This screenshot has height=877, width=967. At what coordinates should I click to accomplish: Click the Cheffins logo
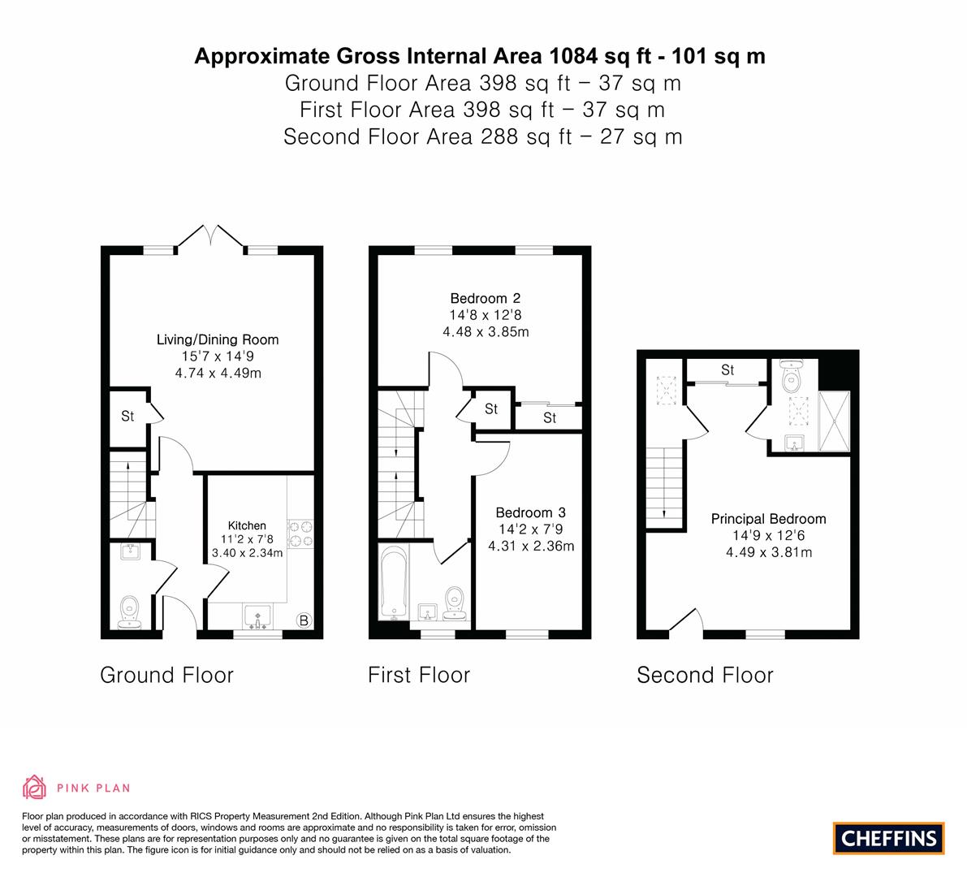click(x=888, y=838)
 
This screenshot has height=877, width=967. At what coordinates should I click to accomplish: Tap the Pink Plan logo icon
click(x=35, y=787)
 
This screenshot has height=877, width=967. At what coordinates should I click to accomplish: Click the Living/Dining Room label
click(x=218, y=339)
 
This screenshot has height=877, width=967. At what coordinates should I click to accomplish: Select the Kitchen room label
click(x=247, y=525)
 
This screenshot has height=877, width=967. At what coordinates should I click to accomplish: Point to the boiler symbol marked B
click(x=304, y=621)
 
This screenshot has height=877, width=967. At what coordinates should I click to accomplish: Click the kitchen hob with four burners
click(x=300, y=534)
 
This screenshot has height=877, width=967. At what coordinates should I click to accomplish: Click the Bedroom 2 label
click(x=486, y=298)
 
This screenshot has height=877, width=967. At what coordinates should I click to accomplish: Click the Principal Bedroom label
click(x=768, y=519)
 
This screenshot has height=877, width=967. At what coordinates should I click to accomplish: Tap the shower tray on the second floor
click(x=834, y=420)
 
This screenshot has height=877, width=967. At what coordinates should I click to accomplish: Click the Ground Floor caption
click(x=166, y=675)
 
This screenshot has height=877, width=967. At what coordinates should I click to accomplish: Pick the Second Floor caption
click(x=705, y=675)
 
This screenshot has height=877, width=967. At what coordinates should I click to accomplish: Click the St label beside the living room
click(x=127, y=417)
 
